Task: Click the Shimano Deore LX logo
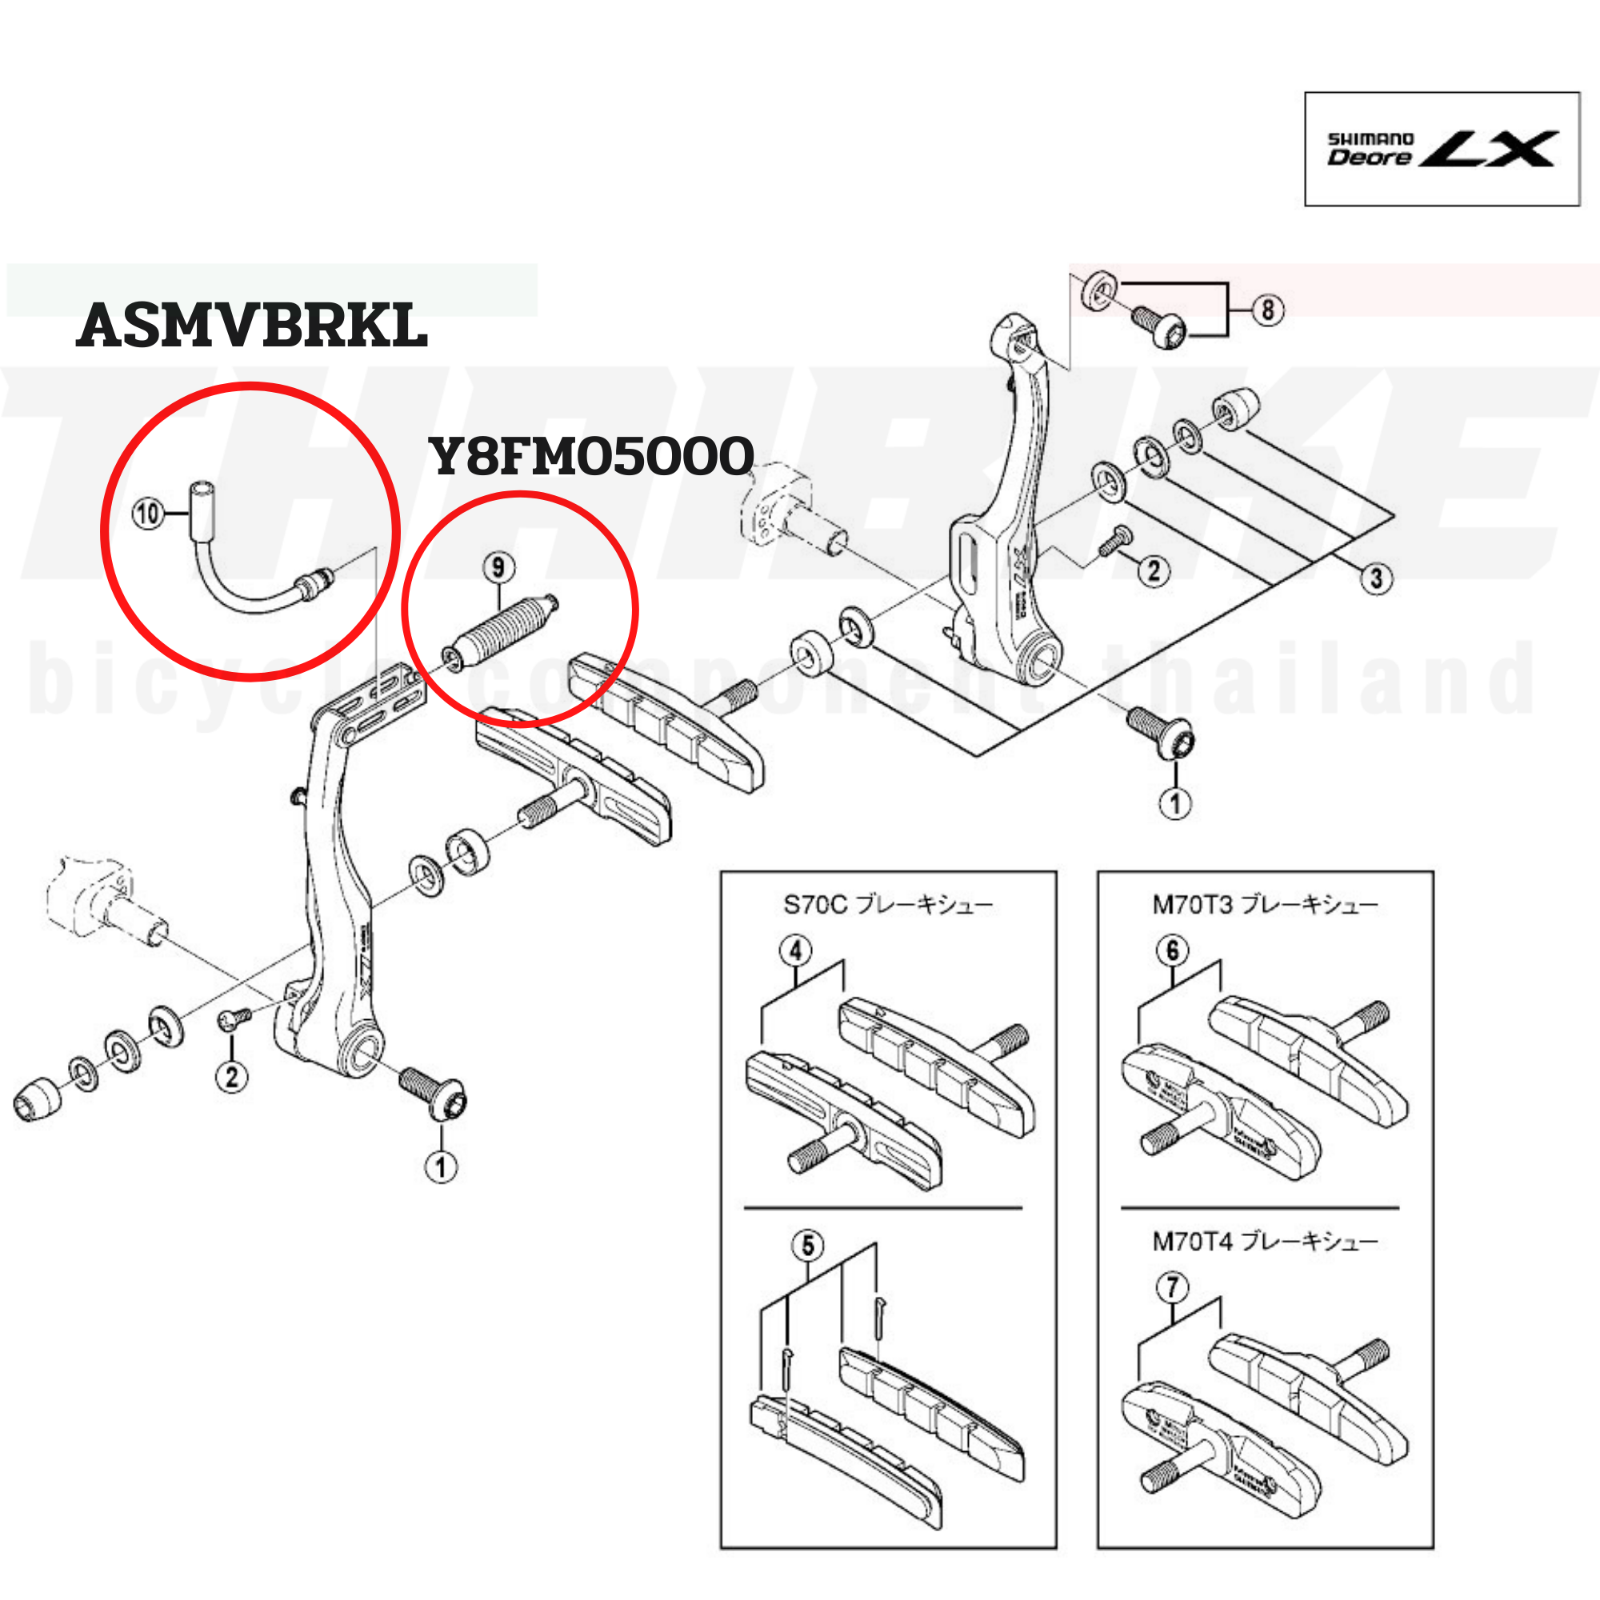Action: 1441,149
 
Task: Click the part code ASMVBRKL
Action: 252,326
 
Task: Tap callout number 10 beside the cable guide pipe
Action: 148,514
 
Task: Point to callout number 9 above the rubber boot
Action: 498,567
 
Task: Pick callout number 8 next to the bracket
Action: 1268,310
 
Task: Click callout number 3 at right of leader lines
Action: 1375,578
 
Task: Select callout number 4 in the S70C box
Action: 795,950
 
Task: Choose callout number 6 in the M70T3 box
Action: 1172,950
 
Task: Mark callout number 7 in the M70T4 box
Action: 1172,1287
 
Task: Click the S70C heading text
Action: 888,904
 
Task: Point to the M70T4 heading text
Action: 1265,1241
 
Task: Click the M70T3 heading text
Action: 1265,904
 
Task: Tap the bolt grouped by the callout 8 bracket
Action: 1159,326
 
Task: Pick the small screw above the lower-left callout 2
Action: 234,1018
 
